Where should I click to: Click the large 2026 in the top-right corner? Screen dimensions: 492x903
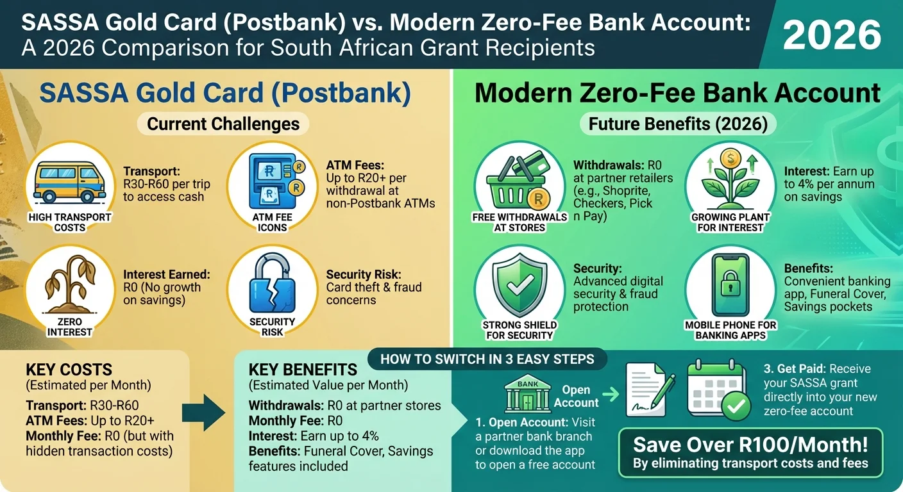pyautogui.click(x=832, y=35)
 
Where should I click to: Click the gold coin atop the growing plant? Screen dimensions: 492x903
pyautogui.click(x=730, y=157)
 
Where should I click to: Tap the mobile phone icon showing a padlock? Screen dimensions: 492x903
pyautogui.click(x=730, y=286)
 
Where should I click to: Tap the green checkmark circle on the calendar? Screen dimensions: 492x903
pyautogui.click(x=736, y=404)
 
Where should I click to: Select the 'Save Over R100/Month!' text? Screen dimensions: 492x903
pyautogui.click(x=750, y=445)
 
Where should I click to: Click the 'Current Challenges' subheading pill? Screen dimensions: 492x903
pyautogui.click(x=223, y=124)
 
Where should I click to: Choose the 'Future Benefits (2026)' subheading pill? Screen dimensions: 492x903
pyautogui.click(x=678, y=124)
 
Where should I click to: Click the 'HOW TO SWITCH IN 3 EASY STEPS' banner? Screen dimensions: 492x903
pyautogui.click(x=487, y=359)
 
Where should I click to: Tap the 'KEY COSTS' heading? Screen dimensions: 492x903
pyautogui.click(x=69, y=370)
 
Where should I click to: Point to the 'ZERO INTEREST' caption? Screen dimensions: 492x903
pyautogui.click(x=69, y=327)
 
